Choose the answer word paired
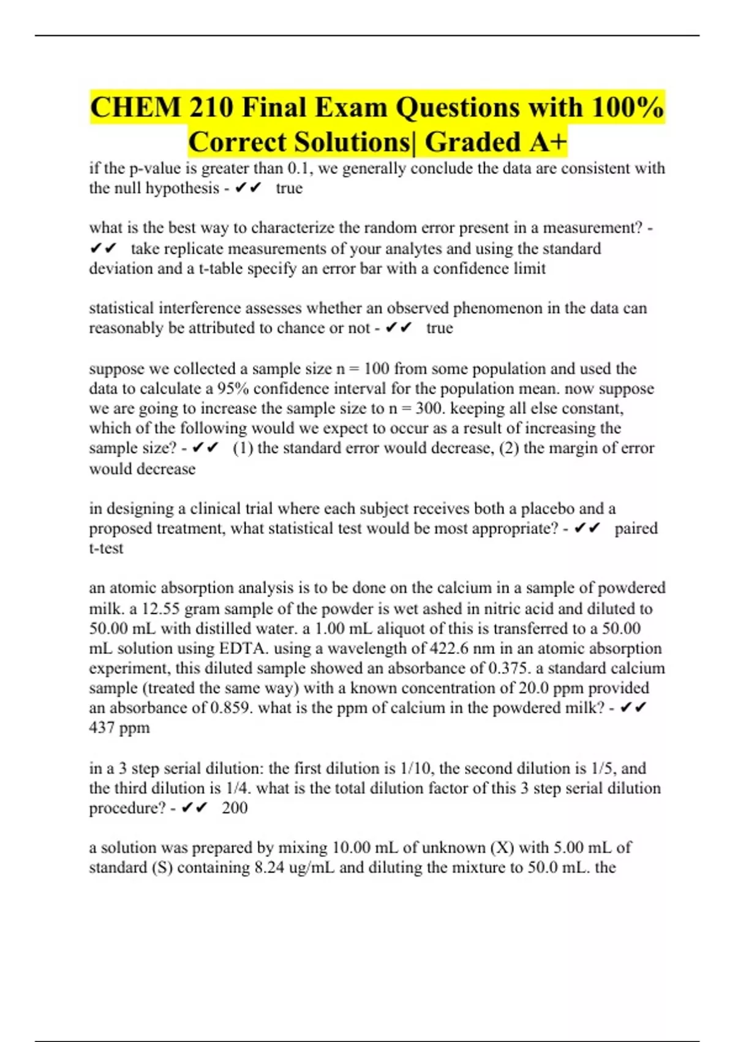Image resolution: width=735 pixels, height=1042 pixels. [636, 528]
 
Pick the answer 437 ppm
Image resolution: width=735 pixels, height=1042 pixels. [119, 728]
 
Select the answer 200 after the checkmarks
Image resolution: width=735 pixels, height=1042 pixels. [235, 808]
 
